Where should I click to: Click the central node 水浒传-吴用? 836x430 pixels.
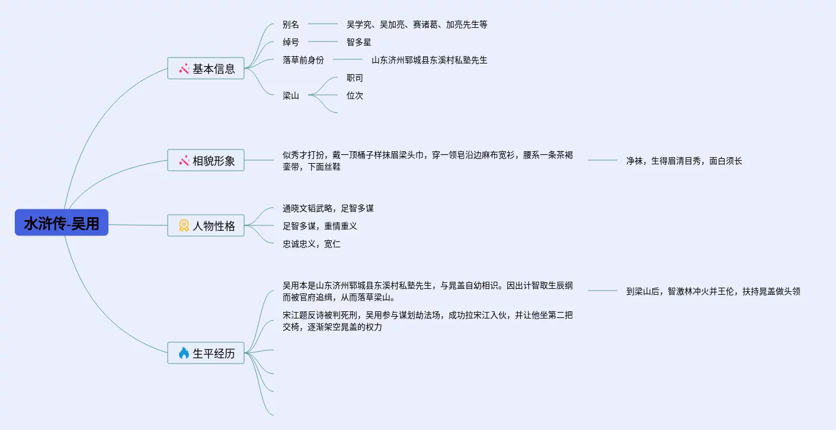pyautogui.click(x=62, y=223)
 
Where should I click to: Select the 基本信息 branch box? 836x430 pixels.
pyautogui.click(x=206, y=68)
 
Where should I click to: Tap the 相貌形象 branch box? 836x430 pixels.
pyautogui.click(x=206, y=160)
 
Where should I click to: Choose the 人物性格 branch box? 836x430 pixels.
pyautogui.click(x=206, y=225)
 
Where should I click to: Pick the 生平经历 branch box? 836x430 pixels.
pyautogui.click(x=206, y=353)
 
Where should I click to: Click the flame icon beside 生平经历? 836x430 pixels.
pyautogui.click(x=184, y=353)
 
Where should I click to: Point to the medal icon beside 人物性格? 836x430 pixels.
pyautogui.click(x=184, y=225)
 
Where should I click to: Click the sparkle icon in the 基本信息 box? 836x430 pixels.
pyautogui.click(x=184, y=68)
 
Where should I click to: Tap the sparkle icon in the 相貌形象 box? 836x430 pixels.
pyautogui.click(x=184, y=160)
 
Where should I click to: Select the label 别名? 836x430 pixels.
pyautogui.click(x=291, y=24)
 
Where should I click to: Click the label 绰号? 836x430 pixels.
pyautogui.click(x=291, y=42)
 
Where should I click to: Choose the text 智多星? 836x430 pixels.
pyautogui.click(x=359, y=42)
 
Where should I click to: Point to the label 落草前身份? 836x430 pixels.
pyautogui.click(x=303, y=60)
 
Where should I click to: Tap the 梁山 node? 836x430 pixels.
pyautogui.click(x=291, y=95)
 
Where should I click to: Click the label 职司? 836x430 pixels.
pyautogui.click(x=355, y=78)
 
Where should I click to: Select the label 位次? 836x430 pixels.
pyautogui.click(x=355, y=95)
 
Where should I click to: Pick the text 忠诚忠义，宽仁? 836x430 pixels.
pyautogui.click(x=312, y=244)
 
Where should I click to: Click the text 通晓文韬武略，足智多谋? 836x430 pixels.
pyautogui.click(x=328, y=208)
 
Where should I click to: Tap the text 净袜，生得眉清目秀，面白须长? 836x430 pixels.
pyautogui.click(x=684, y=160)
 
